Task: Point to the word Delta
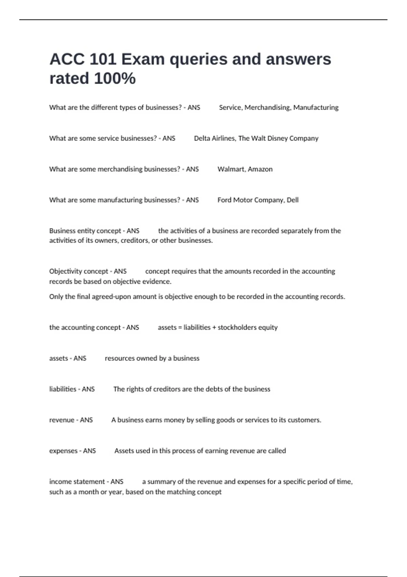click(202, 138)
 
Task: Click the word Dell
click(293, 200)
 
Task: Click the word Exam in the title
click(143, 59)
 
